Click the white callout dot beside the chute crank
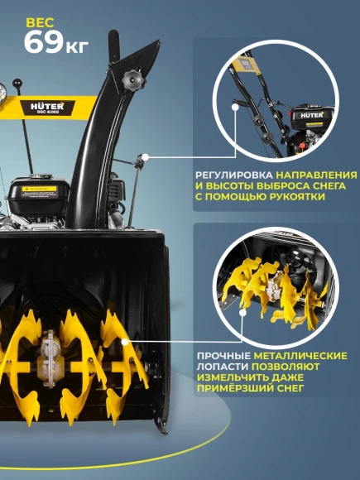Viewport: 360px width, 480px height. [x=145, y=155]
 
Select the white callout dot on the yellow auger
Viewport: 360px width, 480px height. [x=124, y=340]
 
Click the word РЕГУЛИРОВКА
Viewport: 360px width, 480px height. [x=234, y=176]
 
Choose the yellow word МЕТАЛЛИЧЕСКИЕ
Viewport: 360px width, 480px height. [x=305, y=356]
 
